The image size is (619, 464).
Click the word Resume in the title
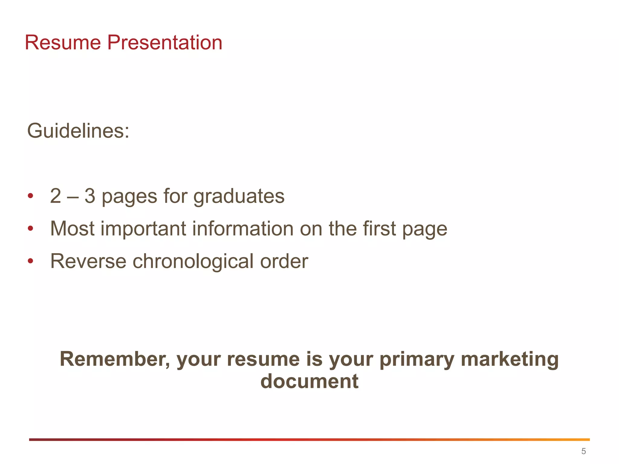[x=63, y=43]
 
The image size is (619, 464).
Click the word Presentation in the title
[x=165, y=43]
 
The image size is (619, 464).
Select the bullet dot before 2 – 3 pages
[x=30, y=196]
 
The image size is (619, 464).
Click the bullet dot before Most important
[x=30, y=228]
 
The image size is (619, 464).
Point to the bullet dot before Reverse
[x=30, y=261]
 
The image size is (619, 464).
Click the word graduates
[x=239, y=196]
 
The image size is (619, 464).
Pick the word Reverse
[x=88, y=261]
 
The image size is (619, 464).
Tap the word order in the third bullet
[x=284, y=261]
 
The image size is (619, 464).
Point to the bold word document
[x=309, y=381]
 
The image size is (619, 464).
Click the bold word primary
[x=417, y=359]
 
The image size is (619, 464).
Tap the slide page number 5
[x=583, y=451]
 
